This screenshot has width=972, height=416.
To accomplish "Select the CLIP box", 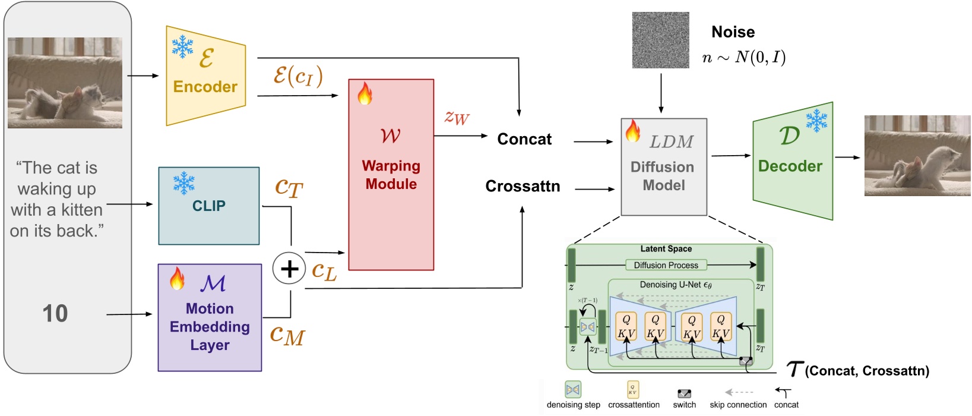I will pos(208,206).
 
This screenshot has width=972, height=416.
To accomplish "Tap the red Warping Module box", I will pos(391,175).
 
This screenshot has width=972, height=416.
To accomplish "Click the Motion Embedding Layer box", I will pos(210,318).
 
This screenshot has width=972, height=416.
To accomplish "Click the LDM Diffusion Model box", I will pos(663,167).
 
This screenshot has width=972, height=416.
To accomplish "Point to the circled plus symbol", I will pos(289,269).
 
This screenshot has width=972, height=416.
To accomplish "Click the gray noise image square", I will pos(660,40).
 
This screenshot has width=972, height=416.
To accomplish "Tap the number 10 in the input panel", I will pos(55,314).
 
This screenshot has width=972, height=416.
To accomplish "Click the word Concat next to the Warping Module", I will pos(524,139).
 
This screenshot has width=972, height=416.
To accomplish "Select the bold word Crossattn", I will pos(523,187).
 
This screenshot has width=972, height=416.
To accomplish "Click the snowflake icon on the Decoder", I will pos(816,121).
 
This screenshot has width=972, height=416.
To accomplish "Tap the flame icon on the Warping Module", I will pos(365,94).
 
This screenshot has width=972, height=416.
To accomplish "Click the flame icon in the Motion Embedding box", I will pos(177,278).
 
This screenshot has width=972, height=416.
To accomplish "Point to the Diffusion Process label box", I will pos(666,265).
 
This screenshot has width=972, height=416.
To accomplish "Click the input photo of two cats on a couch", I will pos(65,83).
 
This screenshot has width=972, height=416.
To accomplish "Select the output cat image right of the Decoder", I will pos(917,156).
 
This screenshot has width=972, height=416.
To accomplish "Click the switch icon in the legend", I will pos(684,393).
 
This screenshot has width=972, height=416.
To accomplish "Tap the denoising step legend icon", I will pos(572,390).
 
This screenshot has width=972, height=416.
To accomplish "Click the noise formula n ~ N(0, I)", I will pos(743,58).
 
